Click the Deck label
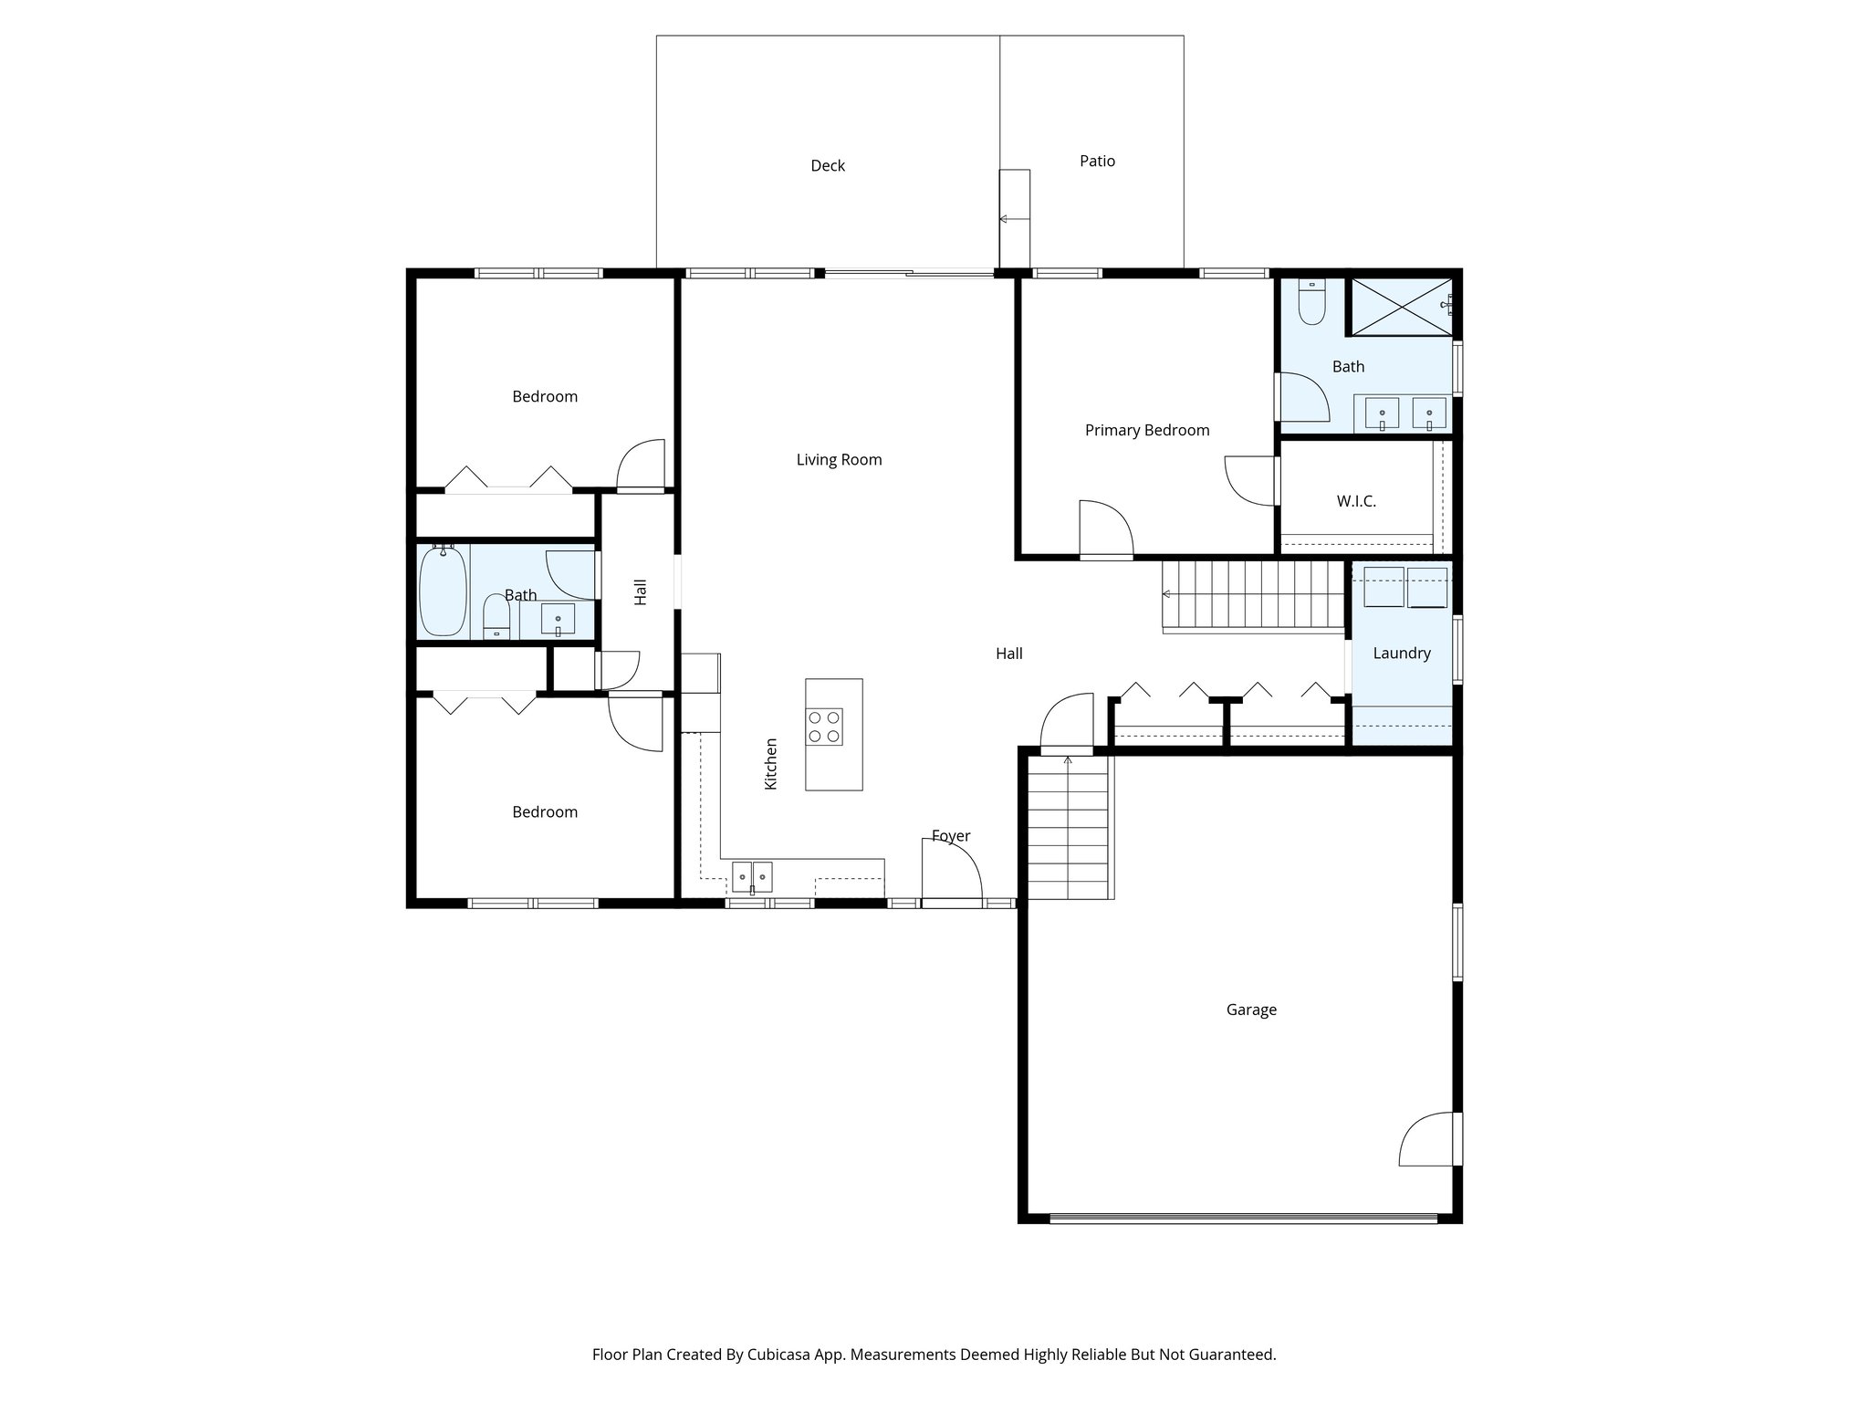828,166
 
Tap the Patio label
1097,162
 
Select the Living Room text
839,460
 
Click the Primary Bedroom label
1147,431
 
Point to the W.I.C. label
1356,502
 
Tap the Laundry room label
1401,654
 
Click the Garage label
1251,1010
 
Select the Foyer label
951,836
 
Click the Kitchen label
771,764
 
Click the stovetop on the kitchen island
824,727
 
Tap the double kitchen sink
752,877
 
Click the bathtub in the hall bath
444,591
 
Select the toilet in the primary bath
1311,303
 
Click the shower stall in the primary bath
1399,307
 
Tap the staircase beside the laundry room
1253,595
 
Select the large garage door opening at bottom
1242,1218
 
